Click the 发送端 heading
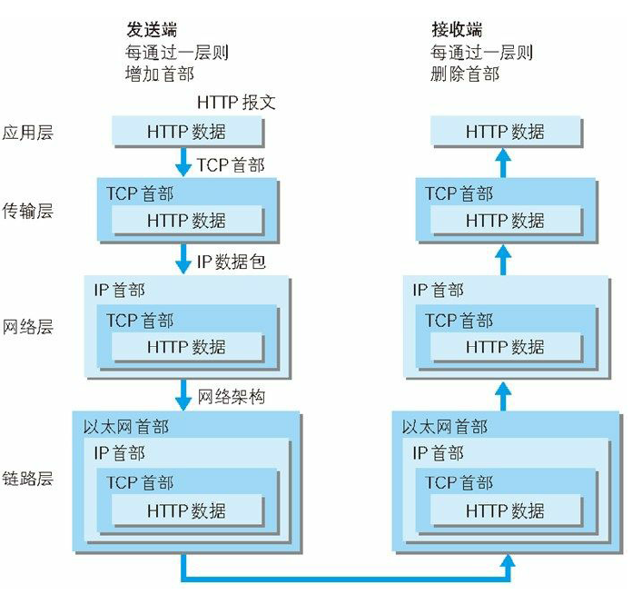click(x=151, y=31)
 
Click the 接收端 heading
click(x=458, y=31)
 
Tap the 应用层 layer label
click(x=28, y=133)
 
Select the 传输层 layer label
click(x=28, y=211)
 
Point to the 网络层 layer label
click(x=28, y=326)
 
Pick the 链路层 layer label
click(x=28, y=478)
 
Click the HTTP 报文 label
click(x=236, y=103)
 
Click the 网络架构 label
click(x=232, y=397)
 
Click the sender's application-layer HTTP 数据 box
click(x=187, y=133)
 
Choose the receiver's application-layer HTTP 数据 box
click(x=506, y=133)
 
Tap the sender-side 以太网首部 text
click(x=125, y=427)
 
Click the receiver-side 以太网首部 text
click(x=445, y=427)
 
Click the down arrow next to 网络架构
click(x=183, y=395)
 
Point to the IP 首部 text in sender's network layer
click(x=119, y=291)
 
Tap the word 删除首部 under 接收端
click(x=465, y=74)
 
